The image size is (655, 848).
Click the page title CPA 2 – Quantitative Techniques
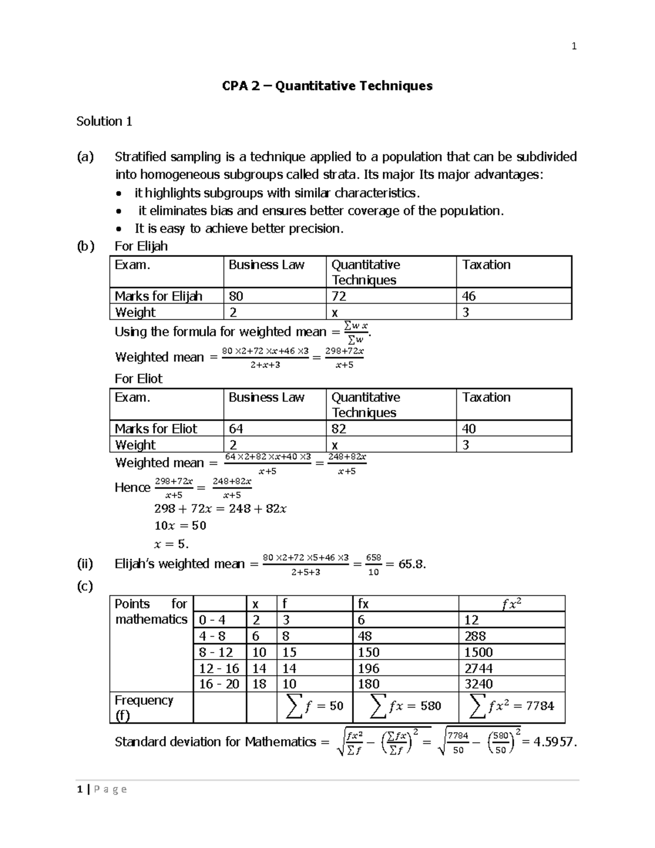pyautogui.click(x=327, y=86)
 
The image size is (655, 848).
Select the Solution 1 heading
pyautogui.click(x=104, y=121)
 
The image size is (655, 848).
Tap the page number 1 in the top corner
pyautogui.click(x=574, y=46)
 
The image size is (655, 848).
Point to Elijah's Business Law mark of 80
pyautogui.click(x=236, y=296)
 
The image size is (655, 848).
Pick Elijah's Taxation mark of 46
pyautogui.click(x=469, y=296)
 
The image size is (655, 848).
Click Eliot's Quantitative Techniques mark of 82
pyautogui.click(x=339, y=429)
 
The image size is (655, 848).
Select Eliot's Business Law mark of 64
pyautogui.click(x=236, y=429)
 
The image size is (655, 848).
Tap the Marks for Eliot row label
pyautogui.click(x=156, y=429)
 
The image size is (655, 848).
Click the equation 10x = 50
pyautogui.click(x=180, y=526)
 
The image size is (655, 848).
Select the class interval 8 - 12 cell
pyautogui.click(x=216, y=653)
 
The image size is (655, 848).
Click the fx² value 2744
pyautogui.click(x=478, y=668)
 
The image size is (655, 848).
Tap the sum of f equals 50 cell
pyautogui.click(x=315, y=707)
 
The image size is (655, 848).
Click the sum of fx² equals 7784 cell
pyautogui.click(x=511, y=707)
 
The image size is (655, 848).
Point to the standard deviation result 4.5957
pyautogui.click(x=549, y=742)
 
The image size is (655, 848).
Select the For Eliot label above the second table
pyautogui.click(x=139, y=378)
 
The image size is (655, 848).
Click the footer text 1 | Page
pyautogui.click(x=102, y=789)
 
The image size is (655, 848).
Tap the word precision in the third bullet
pyautogui.click(x=315, y=229)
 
